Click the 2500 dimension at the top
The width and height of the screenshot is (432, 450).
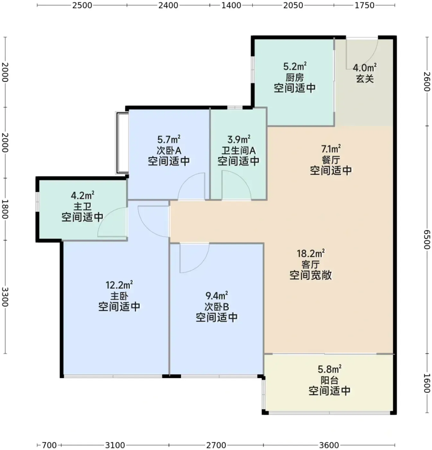pyautogui.click(x=82, y=5)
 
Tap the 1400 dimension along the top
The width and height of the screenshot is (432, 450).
pyautogui.click(x=231, y=5)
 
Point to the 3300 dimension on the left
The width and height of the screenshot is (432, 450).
pyautogui.click(x=5, y=297)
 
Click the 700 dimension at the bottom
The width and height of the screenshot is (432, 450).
pyautogui.click(x=49, y=445)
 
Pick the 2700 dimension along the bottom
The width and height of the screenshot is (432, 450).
pyautogui.click(x=216, y=445)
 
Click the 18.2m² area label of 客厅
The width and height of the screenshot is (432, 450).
pyautogui.click(x=311, y=253)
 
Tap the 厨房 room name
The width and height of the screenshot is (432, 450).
pyautogui.click(x=295, y=78)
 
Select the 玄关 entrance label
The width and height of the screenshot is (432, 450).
pyautogui.click(x=365, y=79)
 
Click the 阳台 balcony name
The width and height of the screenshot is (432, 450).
pyautogui.click(x=330, y=380)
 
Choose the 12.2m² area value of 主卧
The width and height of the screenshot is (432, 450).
pyautogui.click(x=119, y=285)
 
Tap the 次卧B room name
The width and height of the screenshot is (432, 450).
pyautogui.click(x=217, y=307)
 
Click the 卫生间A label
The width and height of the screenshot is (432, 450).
pyautogui.click(x=238, y=151)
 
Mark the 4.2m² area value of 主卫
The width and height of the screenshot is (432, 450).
pyautogui.click(x=83, y=195)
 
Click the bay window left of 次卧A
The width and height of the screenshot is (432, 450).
pyautogui.click(x=122, y=143)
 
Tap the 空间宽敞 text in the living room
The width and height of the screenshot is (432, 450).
pyautogui.click(x=311, y=275)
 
